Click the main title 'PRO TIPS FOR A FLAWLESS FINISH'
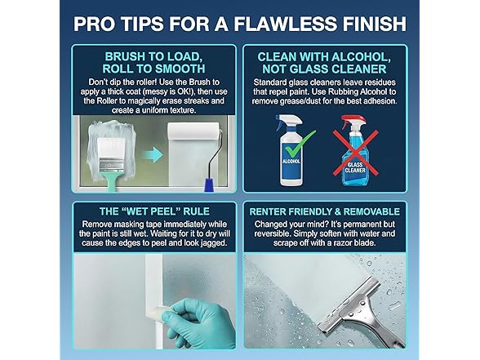pyautogui.click(x=239, y=22)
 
